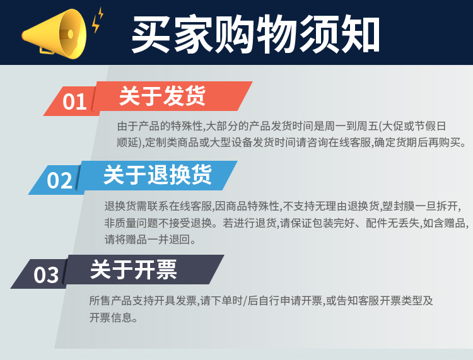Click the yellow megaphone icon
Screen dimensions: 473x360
[x=54, y=34]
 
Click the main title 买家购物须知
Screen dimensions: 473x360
[x=255, y=34]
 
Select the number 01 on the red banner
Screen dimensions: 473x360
[x=74, y=102]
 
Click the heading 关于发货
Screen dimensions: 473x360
[x=162, y=96]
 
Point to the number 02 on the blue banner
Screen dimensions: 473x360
[x=59, y=180]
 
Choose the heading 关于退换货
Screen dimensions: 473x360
[x=158, y=175]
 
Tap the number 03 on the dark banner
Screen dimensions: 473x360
[x=46, y=275]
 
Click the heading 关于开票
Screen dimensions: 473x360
[x=133, y=269]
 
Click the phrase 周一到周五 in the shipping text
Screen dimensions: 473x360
[x=351, y=126]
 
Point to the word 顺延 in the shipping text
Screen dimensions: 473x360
[x=127, y=142]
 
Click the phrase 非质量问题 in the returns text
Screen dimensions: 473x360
[x=131, y=223]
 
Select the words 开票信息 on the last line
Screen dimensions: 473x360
[x=111, y=317]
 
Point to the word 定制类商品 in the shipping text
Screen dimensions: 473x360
[x=172, y=142]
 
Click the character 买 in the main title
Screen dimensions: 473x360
[x=151, y=35]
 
